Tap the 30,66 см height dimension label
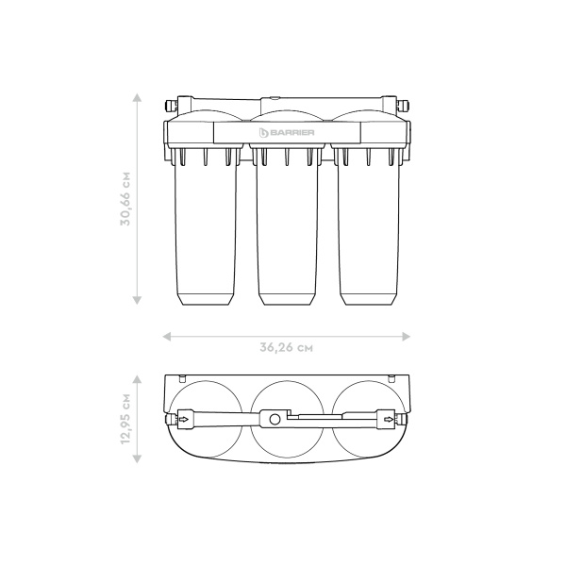point(125,199)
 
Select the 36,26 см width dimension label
point(286,347)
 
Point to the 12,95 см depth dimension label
point(125,419)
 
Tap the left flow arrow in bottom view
point(184,419)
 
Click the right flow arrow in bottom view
point(389,419)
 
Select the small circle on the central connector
point(275,420)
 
